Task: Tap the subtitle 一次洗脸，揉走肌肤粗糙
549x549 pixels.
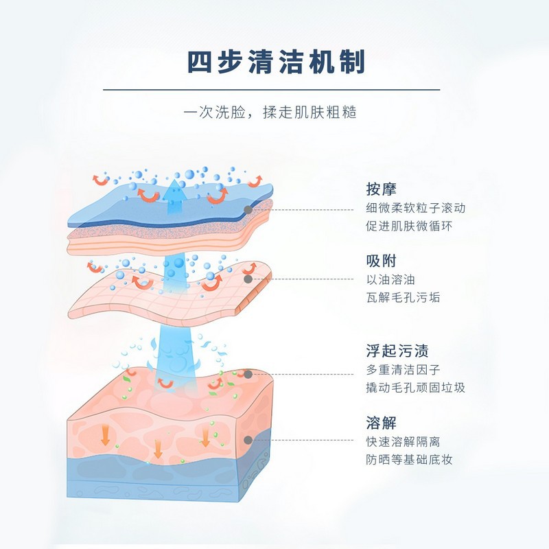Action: coord(274,112)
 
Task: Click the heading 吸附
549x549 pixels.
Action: coord(382,261)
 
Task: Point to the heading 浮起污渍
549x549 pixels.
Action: coord(397,351)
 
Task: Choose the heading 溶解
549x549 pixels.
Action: coord(382,423)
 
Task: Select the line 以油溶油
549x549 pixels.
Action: coord(391,280)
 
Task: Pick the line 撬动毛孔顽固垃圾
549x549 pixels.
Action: coord(416,388)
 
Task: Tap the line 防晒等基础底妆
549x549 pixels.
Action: coord(410,460)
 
